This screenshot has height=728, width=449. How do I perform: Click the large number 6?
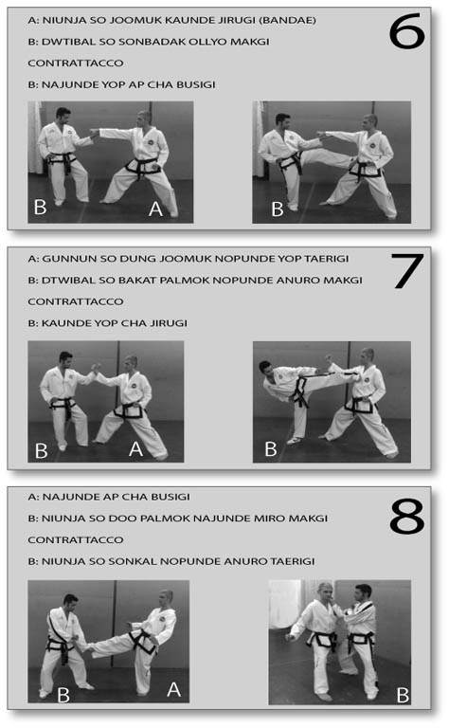click(406, 31)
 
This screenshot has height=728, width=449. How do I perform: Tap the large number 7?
click(407, 271)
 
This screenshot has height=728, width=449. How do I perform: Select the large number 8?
click(406, 517)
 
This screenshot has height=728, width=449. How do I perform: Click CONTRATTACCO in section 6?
click(76, 64)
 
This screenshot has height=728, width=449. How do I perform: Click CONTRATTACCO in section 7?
click(76, 301)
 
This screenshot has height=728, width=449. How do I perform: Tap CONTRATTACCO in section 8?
click(76, 540)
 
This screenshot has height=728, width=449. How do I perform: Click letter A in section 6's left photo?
click(156, 209)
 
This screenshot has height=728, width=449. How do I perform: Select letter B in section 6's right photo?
click(277, 209)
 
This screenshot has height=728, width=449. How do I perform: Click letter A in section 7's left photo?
click(135, 448)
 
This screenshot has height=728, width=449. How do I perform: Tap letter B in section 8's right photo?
click(403, 695)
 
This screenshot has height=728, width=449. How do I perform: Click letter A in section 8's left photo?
click(174, 689)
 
